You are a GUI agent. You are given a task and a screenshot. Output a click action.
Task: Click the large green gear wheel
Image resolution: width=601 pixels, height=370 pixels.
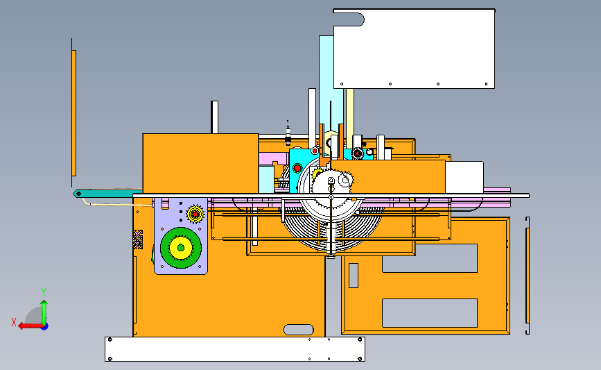tap(180, 248)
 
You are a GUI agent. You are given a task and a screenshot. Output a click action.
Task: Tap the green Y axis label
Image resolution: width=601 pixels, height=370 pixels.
tap(44, 292)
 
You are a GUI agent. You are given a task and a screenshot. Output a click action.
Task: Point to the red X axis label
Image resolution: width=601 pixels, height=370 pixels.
tap(14, 322)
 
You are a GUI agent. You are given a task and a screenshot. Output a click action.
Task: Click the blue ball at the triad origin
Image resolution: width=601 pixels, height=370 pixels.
tap(45, 327)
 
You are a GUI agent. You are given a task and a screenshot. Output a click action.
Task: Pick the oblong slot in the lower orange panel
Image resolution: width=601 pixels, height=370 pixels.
tap(299, 330)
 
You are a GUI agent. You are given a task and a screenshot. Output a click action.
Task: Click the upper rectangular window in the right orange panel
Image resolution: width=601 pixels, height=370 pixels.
tap(430, 258)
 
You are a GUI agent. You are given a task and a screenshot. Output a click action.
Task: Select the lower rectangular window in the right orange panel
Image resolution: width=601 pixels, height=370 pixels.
tap(430, 313)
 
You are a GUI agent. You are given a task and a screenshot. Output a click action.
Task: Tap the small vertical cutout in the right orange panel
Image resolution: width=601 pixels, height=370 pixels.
tap(354, 276)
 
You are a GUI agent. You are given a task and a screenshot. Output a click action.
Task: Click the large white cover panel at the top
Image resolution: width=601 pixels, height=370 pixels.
tap(414, 49)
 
